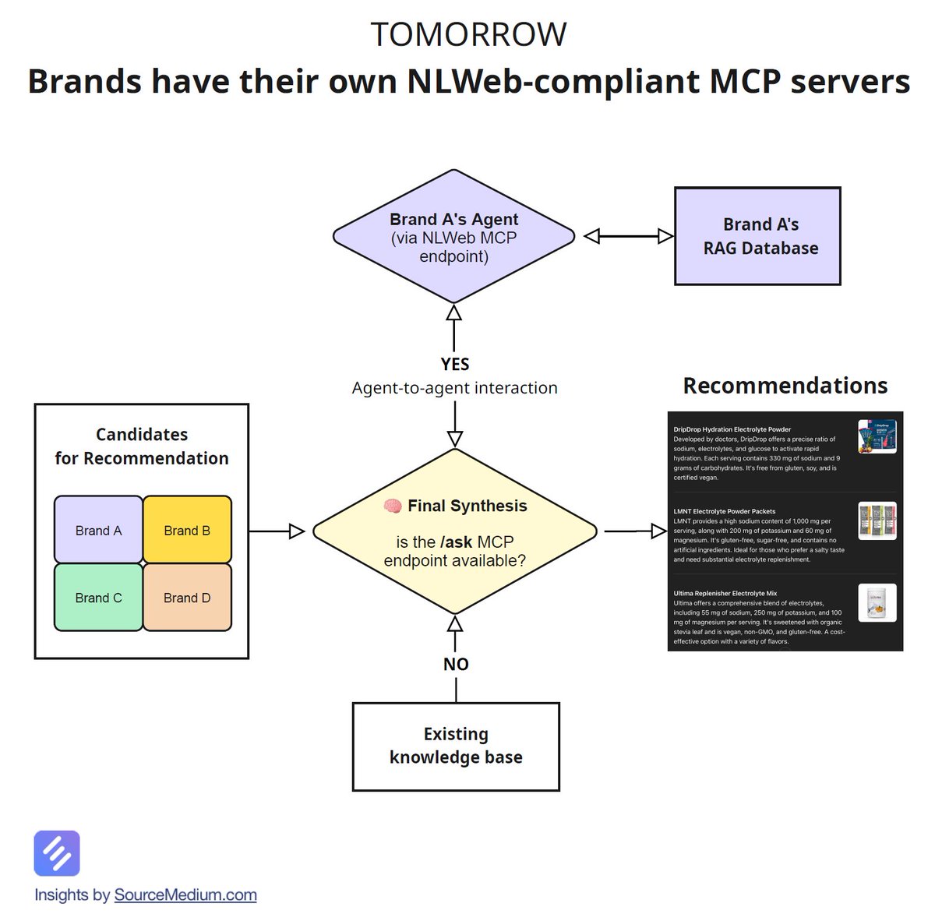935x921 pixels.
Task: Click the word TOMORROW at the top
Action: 468,35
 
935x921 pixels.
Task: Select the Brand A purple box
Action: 98,530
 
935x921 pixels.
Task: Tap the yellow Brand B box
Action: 187,530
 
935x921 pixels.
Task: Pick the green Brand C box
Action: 98,598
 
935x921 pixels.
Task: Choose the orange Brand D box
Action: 187,598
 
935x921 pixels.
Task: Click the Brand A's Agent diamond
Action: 453,236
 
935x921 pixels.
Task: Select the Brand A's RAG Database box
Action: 757,236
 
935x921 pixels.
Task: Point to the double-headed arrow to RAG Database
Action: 628,236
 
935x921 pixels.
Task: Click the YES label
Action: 455,365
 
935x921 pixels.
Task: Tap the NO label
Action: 456,665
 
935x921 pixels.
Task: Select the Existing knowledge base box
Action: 456,746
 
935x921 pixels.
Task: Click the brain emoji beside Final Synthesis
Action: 393,506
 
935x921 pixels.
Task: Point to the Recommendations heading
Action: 785,386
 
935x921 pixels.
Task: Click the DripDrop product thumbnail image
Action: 877,437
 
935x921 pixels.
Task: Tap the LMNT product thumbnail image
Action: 877,520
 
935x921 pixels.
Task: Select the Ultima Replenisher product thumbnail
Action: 877,603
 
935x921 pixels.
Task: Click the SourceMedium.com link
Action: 185,895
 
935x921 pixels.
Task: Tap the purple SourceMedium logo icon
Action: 57,853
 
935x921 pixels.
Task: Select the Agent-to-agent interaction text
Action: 454,388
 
